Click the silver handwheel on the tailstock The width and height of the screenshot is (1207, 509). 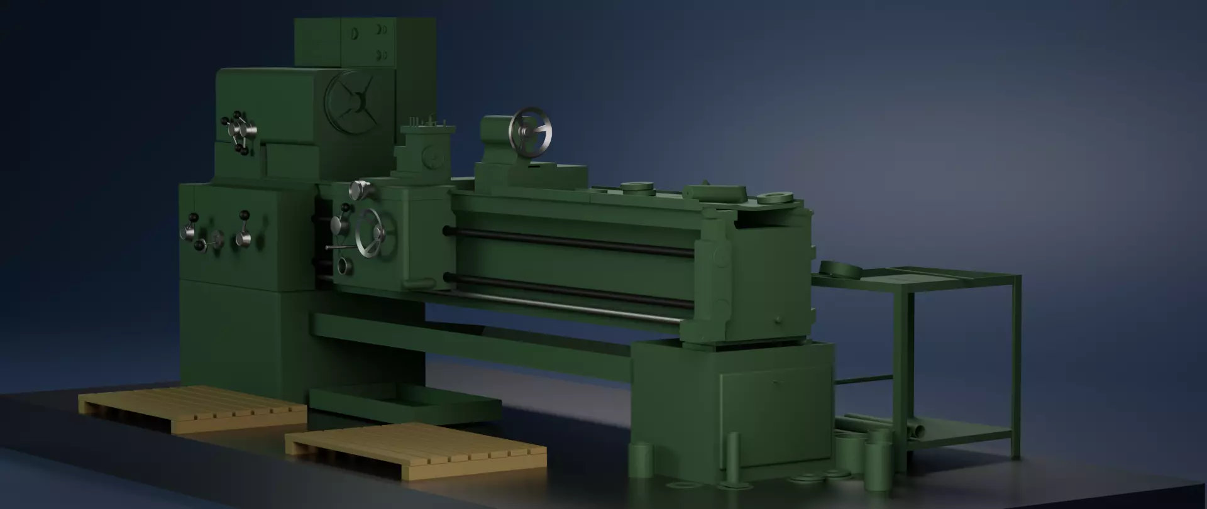click(x=532, y=132)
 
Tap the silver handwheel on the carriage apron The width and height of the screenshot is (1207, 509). click(x=375, y=233)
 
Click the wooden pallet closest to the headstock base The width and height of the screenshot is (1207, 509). click(x=192, y=408)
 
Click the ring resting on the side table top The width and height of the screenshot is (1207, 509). click(x=840, y=270)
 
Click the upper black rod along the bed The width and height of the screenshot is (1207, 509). click(x=572, y=241)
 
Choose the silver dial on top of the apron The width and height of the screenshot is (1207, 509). click(x=359, y=189)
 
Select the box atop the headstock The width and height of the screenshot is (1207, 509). click(x=365, y=42)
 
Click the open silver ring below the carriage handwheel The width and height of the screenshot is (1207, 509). click(x=344, y=266)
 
